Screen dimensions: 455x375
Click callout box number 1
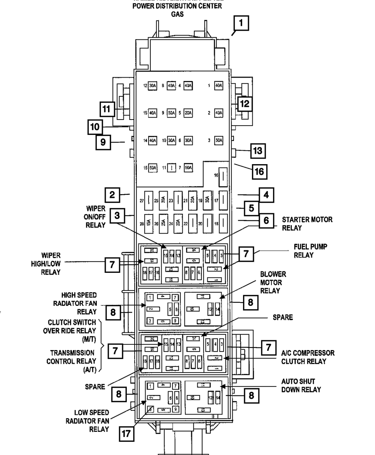tap(241, 23)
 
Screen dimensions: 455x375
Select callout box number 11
tap(107, 109)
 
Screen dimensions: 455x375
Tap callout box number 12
tap(244, 103)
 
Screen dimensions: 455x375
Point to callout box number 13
tap(257, 151)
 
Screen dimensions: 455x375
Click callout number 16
tap(259, 172)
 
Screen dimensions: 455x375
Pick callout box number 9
tap(103, 142)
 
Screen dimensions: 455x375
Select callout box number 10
tap(95, 127)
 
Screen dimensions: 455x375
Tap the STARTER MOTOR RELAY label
tap(307, 224)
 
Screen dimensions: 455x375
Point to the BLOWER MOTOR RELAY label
tap(273, 283)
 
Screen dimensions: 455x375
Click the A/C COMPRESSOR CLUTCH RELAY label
tap(308, 357)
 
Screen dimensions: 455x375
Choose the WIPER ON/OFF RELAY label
tap(95, 216)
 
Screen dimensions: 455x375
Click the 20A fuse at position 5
tap(188, 113)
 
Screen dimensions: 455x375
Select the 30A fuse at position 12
tap(152, 85)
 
